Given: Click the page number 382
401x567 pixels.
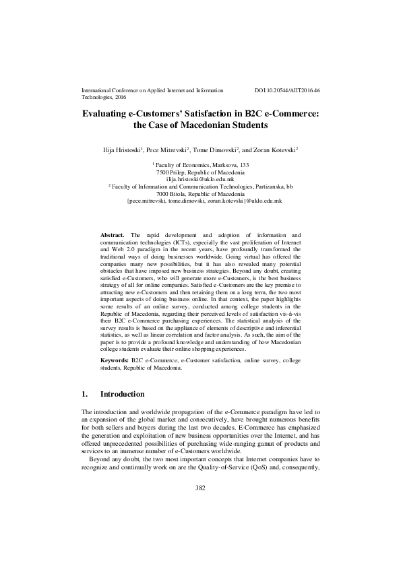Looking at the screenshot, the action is click(199, 525).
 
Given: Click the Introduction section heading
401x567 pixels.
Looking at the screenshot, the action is click(122, 394).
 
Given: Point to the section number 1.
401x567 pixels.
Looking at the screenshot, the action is click(84, 394).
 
